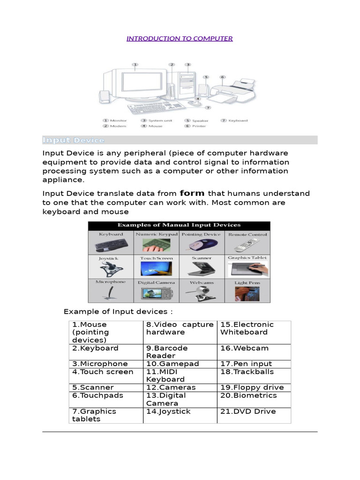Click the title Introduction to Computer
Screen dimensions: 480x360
pos(180,38)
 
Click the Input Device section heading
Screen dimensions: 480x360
pos(74,140)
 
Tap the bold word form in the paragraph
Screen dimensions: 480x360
pos(192,193)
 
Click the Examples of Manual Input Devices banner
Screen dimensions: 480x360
pos(179,225)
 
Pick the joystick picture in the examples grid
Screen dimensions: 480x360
pos(110,269)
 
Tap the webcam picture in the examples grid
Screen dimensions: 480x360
pos(202,293)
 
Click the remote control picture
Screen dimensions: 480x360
pos(247,245)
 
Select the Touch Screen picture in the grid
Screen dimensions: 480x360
pos(156,269)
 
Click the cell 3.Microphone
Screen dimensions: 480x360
pos(105,364)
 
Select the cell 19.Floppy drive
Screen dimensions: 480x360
pos(253,388)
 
